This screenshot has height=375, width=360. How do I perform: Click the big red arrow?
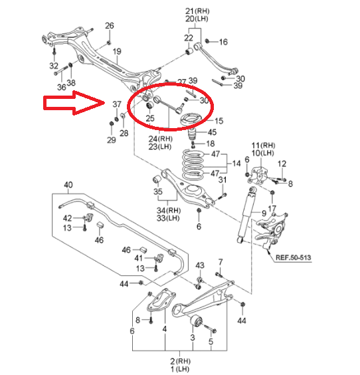click(x=74, y=103)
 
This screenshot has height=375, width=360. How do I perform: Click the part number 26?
click(x=110, y=26)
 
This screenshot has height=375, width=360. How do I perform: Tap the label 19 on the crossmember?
click(x=117, y=51)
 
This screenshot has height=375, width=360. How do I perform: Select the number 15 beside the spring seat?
click(x=219, y=121)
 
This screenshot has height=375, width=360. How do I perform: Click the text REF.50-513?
click(x=293, y=258)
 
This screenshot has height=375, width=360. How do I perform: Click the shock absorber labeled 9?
click(x=246, y=215)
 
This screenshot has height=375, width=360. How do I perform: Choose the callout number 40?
click(x=68, y=185)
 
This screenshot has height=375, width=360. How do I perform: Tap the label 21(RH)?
click(x=197, y=11)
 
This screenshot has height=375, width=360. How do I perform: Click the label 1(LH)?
click(x=180, y=369)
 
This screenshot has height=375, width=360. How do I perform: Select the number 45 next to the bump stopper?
click(x=212, y=132)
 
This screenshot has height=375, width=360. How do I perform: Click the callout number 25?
click(x=150, y=118)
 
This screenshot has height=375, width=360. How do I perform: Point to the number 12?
click(x=282, y=164)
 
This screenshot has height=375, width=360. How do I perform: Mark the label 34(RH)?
click(x=169, y=210)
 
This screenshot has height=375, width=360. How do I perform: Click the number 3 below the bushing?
click(x=193, y=337)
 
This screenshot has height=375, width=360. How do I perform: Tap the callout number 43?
click(x=200, y=265)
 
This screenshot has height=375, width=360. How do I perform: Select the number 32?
click(x=54, y=66)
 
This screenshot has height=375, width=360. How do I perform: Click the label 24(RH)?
click(x=160, y=139)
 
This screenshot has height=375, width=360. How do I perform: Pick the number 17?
click(x=272, y=208)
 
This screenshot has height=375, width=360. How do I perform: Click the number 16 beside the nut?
click(x=223, y=42)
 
